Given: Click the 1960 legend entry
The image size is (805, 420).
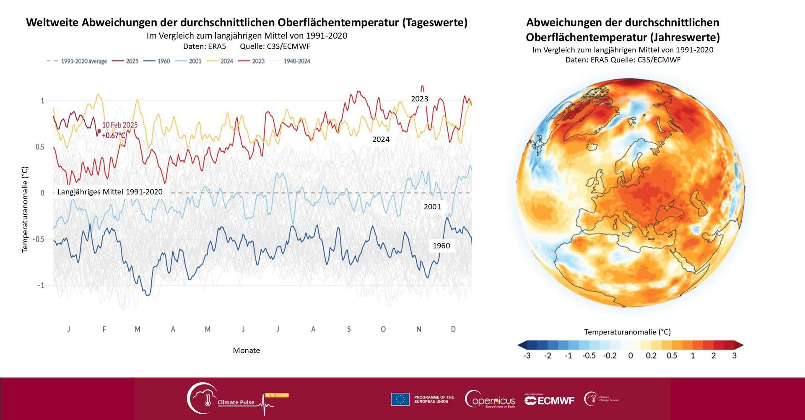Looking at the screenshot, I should coord(157,61).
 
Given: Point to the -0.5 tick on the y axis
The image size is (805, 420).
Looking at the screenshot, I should coord(39,239).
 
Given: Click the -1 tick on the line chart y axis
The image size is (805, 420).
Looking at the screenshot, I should coord(40,285).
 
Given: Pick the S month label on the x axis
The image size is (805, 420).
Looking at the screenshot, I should coord(349,329).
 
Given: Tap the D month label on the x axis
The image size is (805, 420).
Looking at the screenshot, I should coord(453,329).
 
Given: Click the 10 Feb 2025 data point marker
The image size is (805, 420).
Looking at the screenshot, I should coord(99,131).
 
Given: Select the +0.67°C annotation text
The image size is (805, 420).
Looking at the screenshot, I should coord(114,135).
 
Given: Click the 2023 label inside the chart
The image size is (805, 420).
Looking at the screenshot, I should coord(419,99).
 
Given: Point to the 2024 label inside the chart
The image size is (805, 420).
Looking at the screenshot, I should coord(381,140).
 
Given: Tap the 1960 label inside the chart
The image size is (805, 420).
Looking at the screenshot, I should coord(441,246).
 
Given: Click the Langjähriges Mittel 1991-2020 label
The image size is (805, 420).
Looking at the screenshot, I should coord(110,192).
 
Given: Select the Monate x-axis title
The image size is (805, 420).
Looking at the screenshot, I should coord(246,350).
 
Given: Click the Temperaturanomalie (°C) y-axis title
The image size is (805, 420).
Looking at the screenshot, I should coord(25,210).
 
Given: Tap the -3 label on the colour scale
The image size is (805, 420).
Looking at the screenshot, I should coord(527,356).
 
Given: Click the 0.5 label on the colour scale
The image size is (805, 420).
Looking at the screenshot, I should coord(672,356).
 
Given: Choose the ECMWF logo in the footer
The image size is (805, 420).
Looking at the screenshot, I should coord(549,400).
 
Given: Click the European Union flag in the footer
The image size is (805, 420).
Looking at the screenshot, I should coord(400,399).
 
